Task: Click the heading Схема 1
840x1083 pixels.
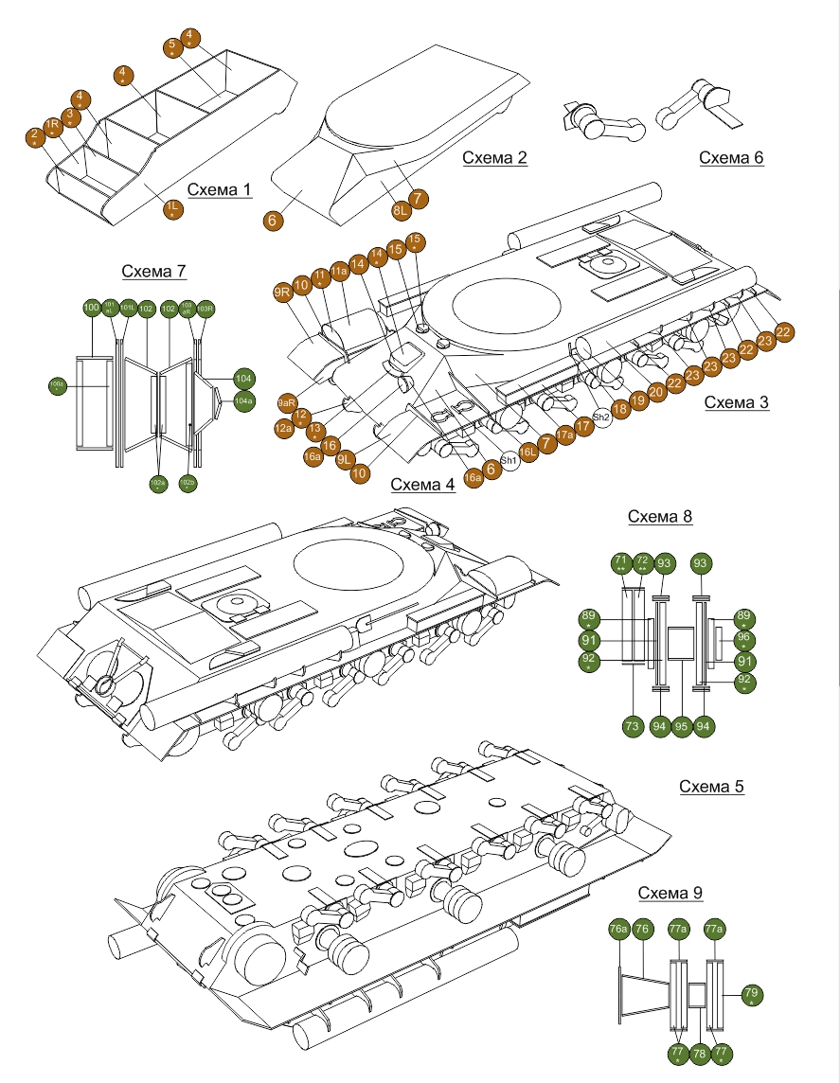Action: click(220, 190)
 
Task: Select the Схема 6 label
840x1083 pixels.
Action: click(731, 158)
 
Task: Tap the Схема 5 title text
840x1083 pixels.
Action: click(712, 788)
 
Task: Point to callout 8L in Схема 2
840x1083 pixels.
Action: click(400, 209)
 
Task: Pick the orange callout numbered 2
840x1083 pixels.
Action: click(35, 136)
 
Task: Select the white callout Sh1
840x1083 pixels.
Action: click(509, 459)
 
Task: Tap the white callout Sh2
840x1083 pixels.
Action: click(601, 417)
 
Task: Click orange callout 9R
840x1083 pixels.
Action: click(282, 293)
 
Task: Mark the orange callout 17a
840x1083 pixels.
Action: click(565, 435)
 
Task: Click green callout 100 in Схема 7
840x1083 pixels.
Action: click(92, 308)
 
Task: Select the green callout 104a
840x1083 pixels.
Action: click(243, 400)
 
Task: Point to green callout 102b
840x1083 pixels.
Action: click(188, 484)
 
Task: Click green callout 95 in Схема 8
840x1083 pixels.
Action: click(681, 726)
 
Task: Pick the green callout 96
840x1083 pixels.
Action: click(743, 638)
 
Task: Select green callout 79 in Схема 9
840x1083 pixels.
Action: click(752, 994)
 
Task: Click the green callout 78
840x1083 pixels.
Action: click(701, 1053)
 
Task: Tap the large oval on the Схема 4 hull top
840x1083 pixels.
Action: click(350, 565)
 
